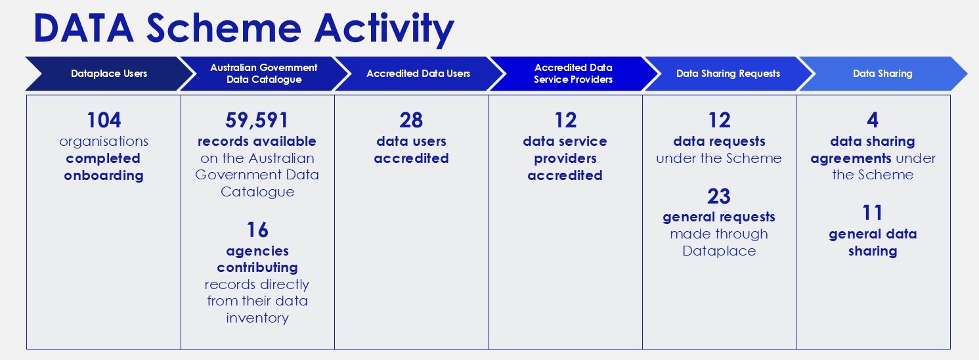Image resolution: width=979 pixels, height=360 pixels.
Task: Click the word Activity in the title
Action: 384,29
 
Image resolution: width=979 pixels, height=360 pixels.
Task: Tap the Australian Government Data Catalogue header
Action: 263,74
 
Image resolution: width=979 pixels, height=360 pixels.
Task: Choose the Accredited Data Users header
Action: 418,74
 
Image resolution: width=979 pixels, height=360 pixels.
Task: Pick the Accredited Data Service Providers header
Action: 573,74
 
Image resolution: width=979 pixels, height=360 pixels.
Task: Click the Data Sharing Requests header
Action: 728,74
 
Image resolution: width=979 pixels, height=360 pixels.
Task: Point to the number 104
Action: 104,120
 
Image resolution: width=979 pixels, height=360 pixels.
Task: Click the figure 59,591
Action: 257,120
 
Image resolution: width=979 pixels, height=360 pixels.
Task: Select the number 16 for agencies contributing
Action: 257,230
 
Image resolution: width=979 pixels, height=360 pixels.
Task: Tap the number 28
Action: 411,120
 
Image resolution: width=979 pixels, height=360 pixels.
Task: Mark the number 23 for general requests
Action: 719,196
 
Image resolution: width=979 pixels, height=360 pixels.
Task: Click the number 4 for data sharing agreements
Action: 873,120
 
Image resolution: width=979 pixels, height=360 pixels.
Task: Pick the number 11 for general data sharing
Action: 873,213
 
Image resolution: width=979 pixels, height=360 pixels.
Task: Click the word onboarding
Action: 104,175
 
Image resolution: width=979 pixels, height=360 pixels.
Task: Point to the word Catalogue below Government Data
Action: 257,192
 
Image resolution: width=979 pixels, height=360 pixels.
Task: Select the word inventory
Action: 257,318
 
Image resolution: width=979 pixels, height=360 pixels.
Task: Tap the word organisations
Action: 104,142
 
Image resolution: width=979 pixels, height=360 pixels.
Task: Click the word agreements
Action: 850,159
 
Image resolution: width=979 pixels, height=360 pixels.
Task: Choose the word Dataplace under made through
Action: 719,252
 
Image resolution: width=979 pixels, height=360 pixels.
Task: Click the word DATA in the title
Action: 83,28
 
